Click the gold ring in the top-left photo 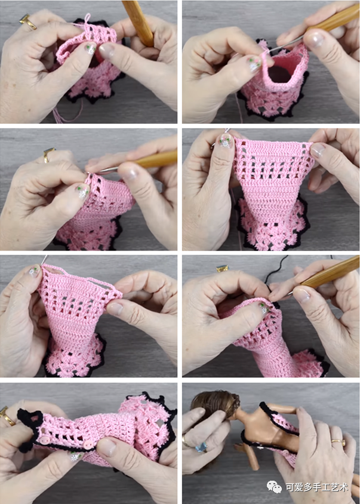point(28,22)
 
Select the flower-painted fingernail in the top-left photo point(90,49)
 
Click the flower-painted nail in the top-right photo point(255,64)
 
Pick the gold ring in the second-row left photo point(48,155)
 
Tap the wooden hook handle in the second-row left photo point(153,160)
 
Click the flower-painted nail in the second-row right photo point(226,141)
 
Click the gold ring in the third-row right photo point(223,268)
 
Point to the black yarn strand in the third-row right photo point(275,271)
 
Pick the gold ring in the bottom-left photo point(7,416)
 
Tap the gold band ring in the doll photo point(339,443)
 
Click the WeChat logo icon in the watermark point(274,487)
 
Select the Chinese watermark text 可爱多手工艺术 point(317,487)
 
